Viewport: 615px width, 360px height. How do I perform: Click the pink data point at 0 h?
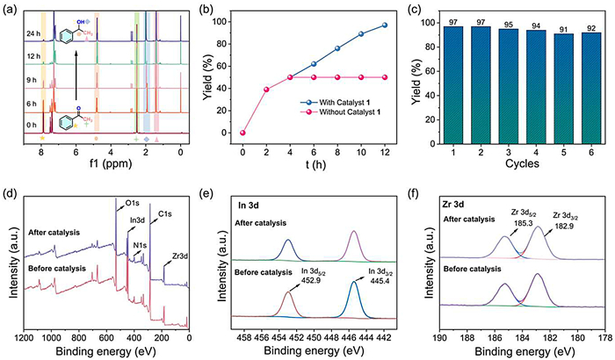[x=242, y=133]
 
